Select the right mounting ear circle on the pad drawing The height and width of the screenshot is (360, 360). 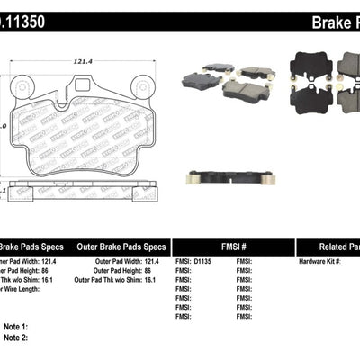coord(139,87)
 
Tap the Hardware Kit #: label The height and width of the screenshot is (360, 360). coord(319,262)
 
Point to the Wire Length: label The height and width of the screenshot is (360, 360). coord(22,288)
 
